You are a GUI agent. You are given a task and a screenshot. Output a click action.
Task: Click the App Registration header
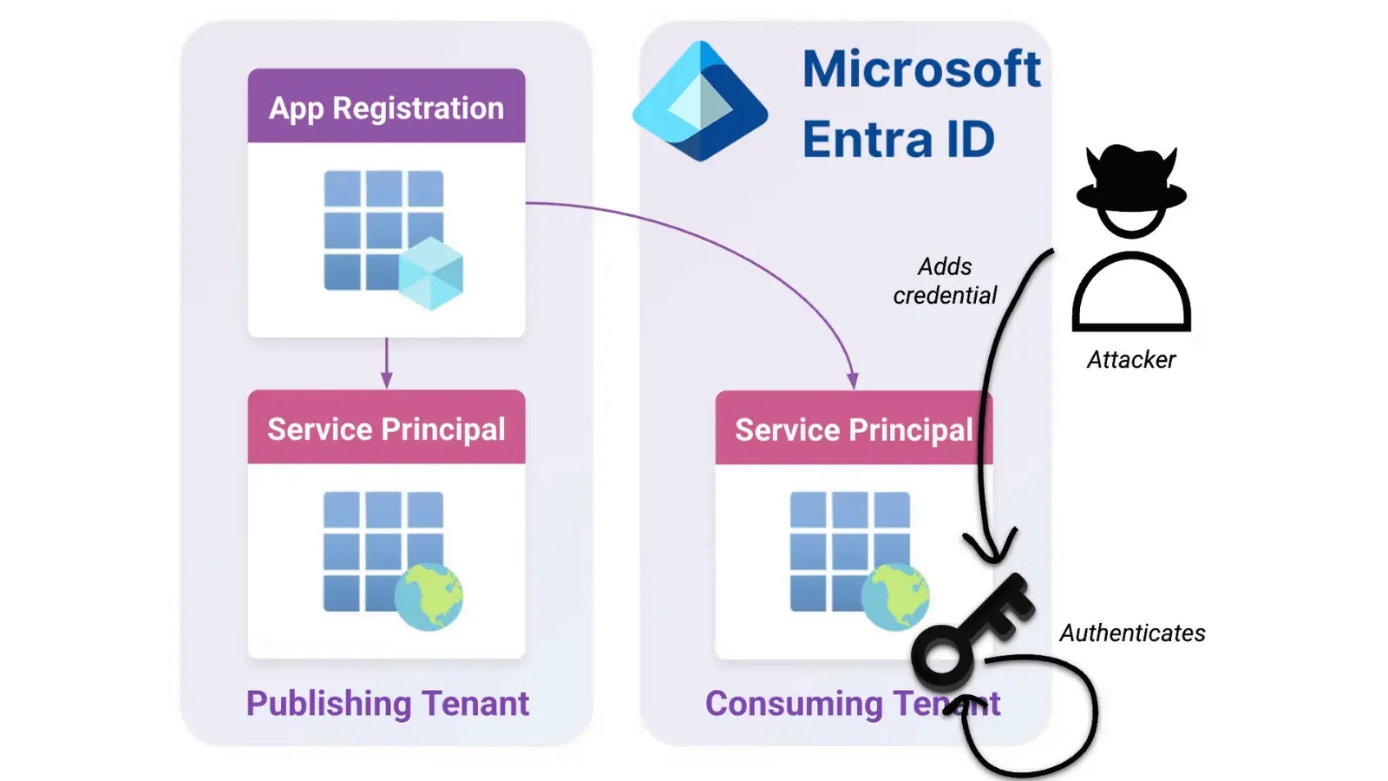[x=386, y=107]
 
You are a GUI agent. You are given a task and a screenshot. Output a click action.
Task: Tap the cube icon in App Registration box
[x=431, y=275]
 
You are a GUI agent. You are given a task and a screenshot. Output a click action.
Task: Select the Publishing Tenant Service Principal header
[x=386, y=428]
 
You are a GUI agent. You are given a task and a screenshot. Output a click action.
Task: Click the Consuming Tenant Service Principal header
[x=853, y=429]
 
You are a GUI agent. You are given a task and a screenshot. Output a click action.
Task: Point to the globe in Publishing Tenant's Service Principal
[x=429, y=596]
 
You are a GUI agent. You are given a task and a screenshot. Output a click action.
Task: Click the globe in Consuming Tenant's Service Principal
[x=895, y=596]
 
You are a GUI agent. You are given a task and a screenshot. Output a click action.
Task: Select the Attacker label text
[x=1131, y=359]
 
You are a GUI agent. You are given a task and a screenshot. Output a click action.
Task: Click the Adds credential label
[x=945, y=280]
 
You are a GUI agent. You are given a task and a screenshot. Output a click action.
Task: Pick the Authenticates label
[x=1132, y=633]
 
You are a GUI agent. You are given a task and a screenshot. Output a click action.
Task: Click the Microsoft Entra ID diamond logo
[x=700, y=102]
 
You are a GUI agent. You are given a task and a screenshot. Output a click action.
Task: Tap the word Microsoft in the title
[x=920, y=69]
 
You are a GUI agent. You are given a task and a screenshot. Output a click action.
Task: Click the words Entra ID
[x=898, y=140]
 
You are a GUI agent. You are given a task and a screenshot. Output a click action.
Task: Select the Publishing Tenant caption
[x=387, y=703]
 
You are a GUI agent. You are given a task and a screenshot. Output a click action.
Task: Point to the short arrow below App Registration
[x=386, y=364]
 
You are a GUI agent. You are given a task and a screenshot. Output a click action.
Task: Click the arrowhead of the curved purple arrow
[x=853, y=381]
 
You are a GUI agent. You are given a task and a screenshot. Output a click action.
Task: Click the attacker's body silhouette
[x=1131, y=295]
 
